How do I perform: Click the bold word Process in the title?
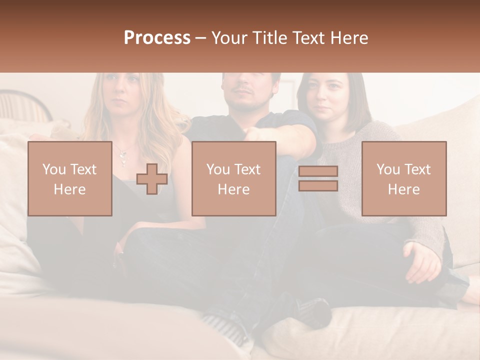pyautogui.click(x=157, y=38)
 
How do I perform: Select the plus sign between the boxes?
pyautogui.click(x=152, y=179)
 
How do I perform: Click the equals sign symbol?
pyautogui.click(x=318, y=178)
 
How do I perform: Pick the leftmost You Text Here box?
pyautogui.click(x=70, y=179)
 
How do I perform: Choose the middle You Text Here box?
pyautogui.click(x=233, y=179)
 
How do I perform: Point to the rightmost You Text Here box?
pyautogui.click(x=403, y=179)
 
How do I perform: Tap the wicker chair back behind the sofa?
pyautogui.click(x=22, y=105)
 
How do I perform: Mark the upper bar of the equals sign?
pyautogui.click(x=318, y=171)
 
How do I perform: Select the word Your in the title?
pyautogui.click(x=230, y=38)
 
